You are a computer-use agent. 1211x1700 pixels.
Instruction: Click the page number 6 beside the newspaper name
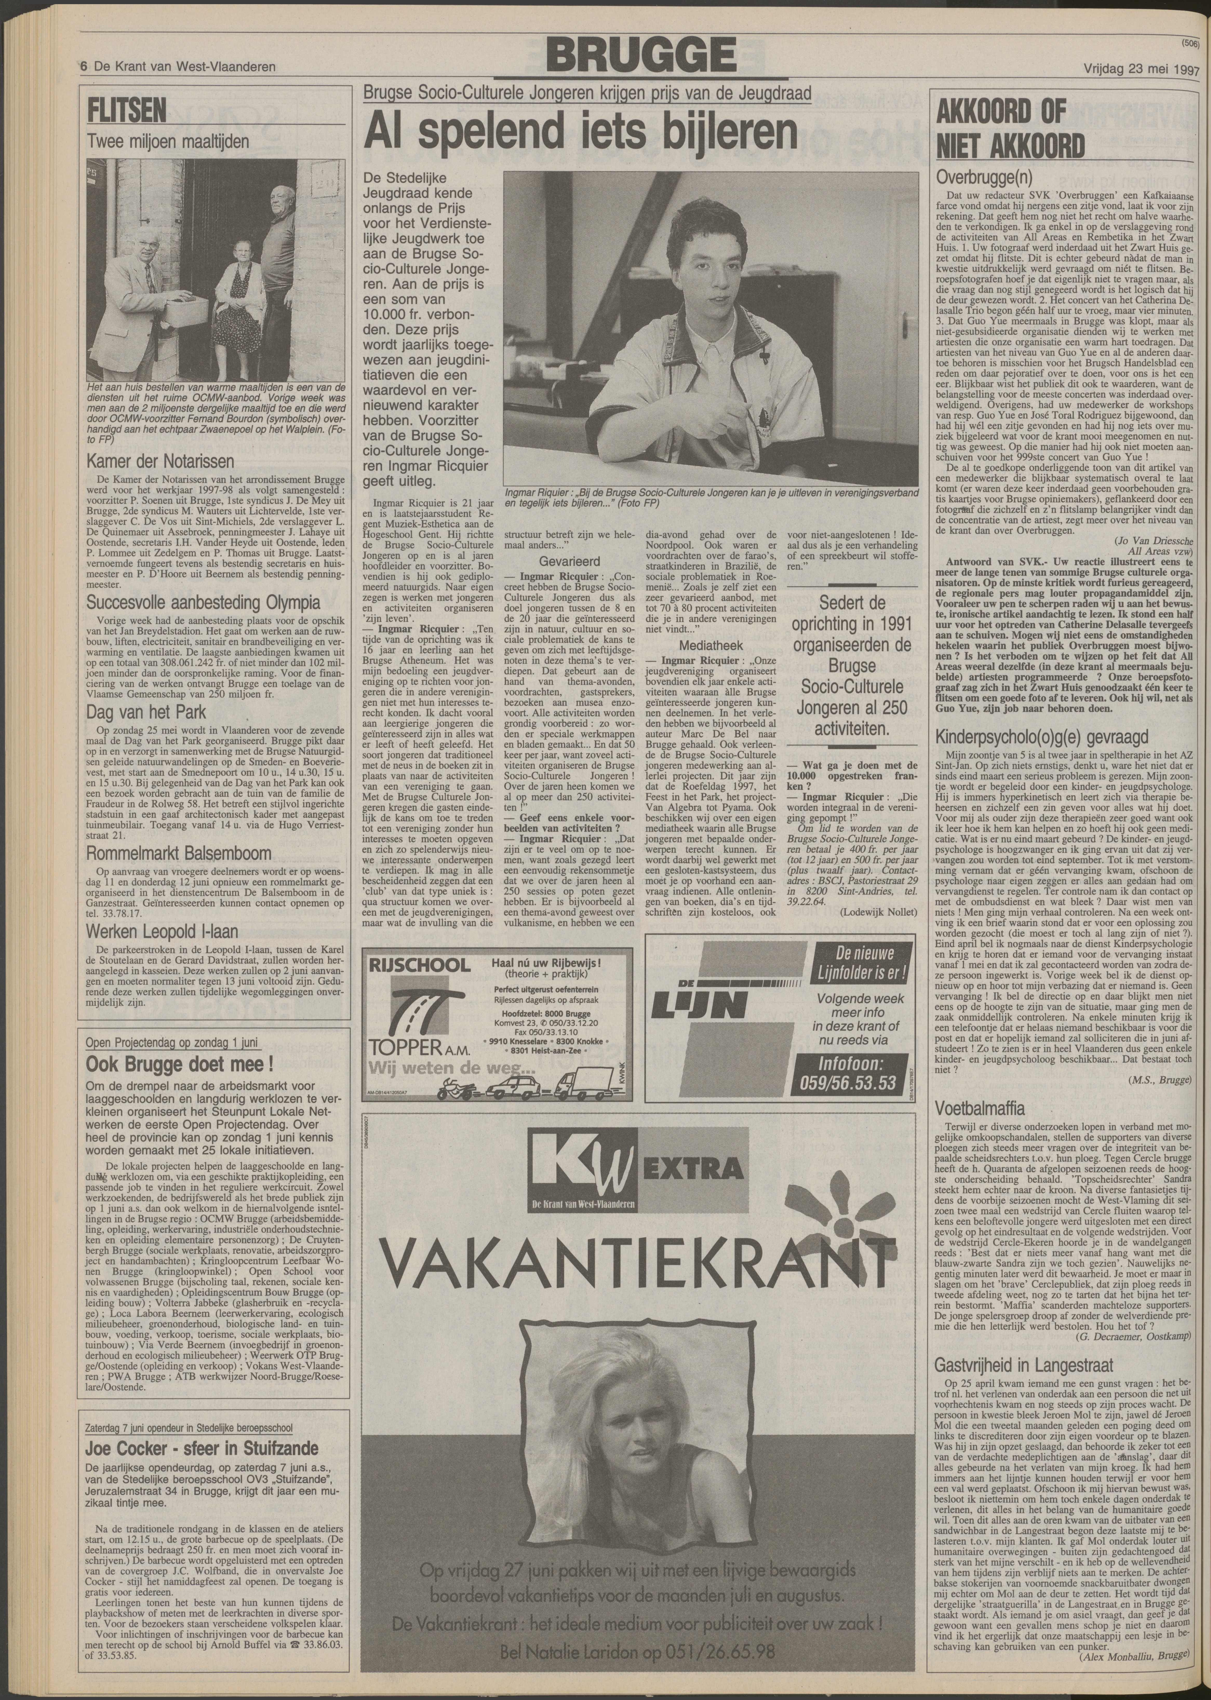[x=84, y=67]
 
